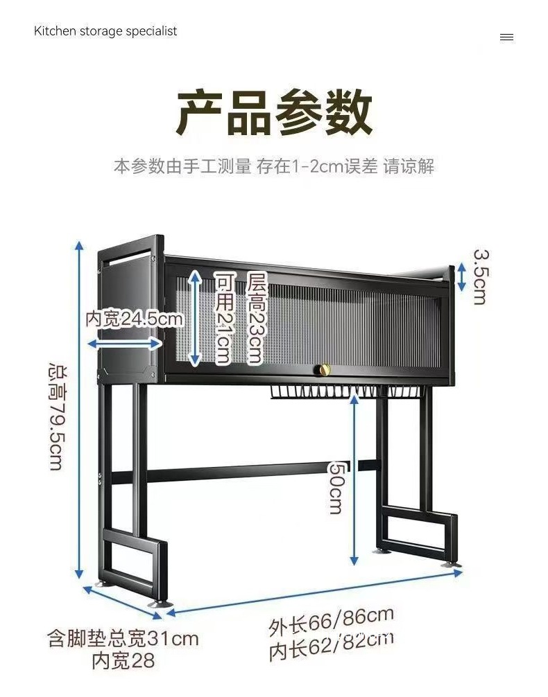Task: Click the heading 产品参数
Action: click(274, 112)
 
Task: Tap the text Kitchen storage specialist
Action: click(105, 31)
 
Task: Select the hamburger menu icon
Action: click(506, 37)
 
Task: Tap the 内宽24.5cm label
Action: click(134, 319)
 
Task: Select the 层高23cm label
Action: click(256, 319)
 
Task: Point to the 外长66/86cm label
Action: click(331, 622)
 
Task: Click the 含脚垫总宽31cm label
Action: click(123, 637)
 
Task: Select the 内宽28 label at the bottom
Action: click(123, 660)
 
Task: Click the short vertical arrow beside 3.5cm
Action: click(460, 277)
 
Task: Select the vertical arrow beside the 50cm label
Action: click(354, 478)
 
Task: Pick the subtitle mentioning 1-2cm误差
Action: click(274, 166)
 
